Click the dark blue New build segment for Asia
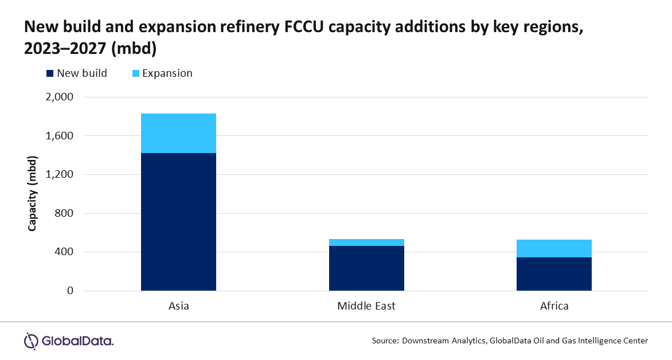(x=178, y=221)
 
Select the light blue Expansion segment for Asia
(x=178, y=133)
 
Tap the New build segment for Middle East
(x=366, y=268)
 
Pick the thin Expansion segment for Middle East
(x=366, y=242)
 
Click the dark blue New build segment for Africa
(x=554, y=273)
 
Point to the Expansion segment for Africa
(x=554, y=248)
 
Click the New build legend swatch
(x=49, y=73)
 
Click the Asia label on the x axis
(x=178, y=306)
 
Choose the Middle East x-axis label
(x=366, y=306)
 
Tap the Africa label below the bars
(x=554, y=306)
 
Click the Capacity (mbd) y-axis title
(x=33, y=193)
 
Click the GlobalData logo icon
(x=31, y=341)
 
